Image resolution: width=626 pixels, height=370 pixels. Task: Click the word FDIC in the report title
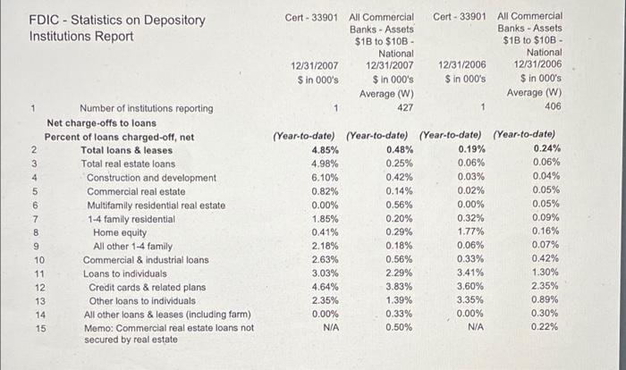click(x=45, y=20)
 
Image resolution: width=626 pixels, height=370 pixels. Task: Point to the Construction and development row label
click(x=151, y=177)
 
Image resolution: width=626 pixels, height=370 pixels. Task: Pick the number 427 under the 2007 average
click(x=404, y=108)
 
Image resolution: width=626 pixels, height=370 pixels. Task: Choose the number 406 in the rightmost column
click(x=553, y=108)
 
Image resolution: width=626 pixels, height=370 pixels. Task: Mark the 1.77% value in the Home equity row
click(x=471, y=232)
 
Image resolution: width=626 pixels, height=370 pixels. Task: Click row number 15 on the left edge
click(x=39, y=328)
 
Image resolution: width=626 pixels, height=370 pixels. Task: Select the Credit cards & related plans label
click(x=147, y=287)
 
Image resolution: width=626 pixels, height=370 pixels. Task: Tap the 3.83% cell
click(x=399, y=287)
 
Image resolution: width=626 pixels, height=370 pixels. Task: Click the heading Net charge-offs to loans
click(x=101, y=122)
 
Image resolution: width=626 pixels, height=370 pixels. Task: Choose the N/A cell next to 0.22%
click(x=475, y=328)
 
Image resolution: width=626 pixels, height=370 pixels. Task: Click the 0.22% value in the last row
click(x=546, y=328)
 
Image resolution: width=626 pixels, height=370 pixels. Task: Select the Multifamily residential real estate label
click(x=156, y=205)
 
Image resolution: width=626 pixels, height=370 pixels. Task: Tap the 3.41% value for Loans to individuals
click(x=471, y=273)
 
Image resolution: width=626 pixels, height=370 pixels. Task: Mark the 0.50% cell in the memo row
click(x=399, y=328)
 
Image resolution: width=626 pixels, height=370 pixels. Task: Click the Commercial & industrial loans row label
click(x=146, y=260)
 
